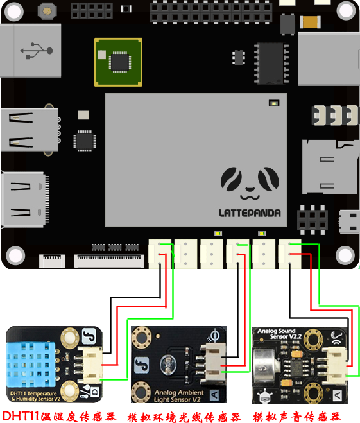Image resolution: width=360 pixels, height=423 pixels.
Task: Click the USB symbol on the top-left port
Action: pos(37,50)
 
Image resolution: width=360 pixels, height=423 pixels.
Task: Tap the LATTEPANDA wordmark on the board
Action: pos(250,213)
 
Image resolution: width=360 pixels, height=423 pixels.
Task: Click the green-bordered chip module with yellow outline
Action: pos(118,62)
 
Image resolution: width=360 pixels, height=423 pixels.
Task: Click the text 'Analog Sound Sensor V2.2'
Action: pos(277,334)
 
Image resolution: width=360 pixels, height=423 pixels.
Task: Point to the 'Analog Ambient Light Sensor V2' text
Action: pos(179,396)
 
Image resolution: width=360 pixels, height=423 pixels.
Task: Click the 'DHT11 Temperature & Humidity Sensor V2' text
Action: pos(35,396)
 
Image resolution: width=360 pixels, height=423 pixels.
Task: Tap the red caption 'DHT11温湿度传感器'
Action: pos(59,416)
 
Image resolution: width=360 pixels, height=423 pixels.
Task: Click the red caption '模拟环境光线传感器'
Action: pos(184,417)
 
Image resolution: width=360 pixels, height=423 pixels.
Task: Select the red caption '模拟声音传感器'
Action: pos(296,417)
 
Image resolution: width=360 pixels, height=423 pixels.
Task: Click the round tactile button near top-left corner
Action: pos(47,11)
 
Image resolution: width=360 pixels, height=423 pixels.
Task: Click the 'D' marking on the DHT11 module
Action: pos(94,392)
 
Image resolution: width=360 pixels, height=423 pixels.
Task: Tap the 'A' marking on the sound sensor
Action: pos(338,396)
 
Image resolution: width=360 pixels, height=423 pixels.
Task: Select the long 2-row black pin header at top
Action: pos(210,12)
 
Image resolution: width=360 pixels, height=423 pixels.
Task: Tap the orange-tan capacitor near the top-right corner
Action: pos(310,22)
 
